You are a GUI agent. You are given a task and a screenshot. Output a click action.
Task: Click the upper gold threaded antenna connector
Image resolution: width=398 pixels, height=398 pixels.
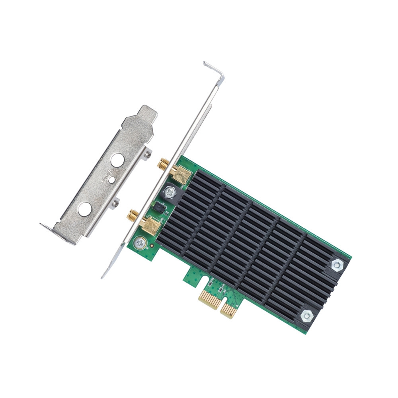pyautogui.click(x=164, y=163)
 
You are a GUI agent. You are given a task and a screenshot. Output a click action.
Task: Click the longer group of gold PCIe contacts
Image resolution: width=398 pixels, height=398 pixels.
pyautogui.click(x=211, y=298)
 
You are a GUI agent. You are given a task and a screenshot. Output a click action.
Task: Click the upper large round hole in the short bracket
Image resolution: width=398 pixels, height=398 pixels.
pyautogui.click(x=117, y=160)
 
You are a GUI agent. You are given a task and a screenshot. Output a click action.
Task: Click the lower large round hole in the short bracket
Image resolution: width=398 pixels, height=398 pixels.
pyautogui.click(x=84, y=209)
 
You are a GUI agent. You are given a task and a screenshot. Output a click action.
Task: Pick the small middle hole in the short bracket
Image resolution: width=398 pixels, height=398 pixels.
pyautogui.click(x=112, y=180)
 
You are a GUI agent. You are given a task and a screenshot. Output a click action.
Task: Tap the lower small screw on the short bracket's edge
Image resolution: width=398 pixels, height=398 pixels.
pyautogui.click(x=115, y=203)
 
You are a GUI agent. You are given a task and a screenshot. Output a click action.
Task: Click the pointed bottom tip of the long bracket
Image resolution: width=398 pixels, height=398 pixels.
pyautogui.click(x=104, y=275)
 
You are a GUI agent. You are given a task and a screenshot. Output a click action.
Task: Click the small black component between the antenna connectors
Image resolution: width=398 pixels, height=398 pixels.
pyautogui.click(x=159, y=206)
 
